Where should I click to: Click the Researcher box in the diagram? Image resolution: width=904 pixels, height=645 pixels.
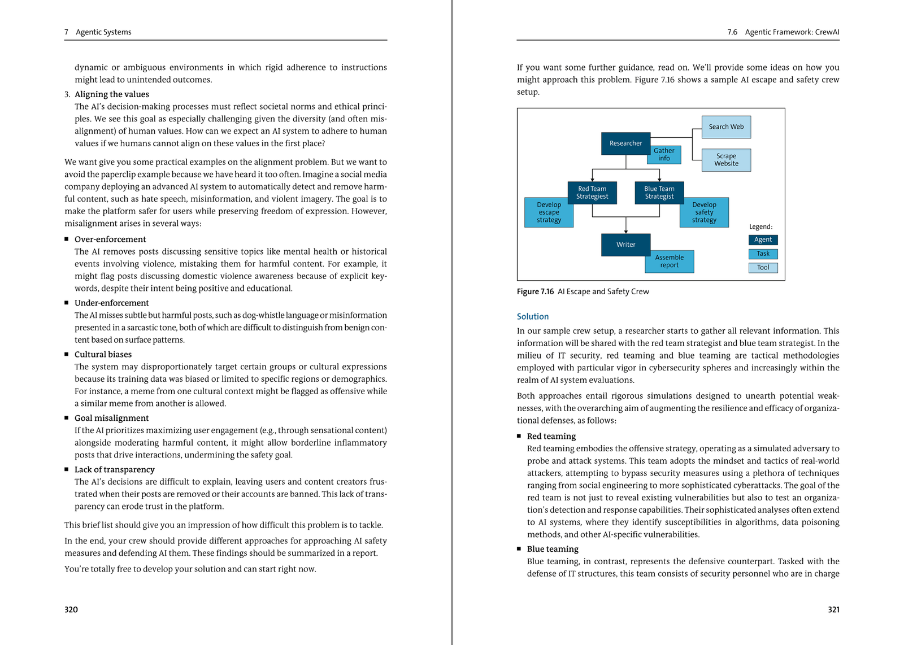pyautogui.click(x=625, y=143)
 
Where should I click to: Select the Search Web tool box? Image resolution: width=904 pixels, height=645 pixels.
pyautogui.click(x=726, y=127)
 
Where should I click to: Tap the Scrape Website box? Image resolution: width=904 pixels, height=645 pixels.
pyautogui.click(x=726, y=160)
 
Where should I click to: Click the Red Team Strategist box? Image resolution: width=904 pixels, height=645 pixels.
pyautogui.click(x=592, y=193)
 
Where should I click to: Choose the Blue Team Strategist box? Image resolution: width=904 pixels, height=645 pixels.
pyautogui.click(x=659, y=193)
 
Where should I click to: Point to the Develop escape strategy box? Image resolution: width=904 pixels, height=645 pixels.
pyautogui.click(x=549, y=213)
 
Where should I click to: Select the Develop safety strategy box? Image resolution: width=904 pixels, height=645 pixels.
pyautogui.click(x=704, y=213)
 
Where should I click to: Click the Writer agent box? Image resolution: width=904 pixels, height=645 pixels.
pyautogui.click(x=625, y=245)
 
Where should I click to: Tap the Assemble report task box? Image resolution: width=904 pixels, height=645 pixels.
pyautogui.click(x=670, y=262)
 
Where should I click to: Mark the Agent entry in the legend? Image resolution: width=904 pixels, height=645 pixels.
pyautogui.click(x=763, y=239)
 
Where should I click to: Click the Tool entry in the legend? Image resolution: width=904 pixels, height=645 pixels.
pyautogui.click(x=763, y=268)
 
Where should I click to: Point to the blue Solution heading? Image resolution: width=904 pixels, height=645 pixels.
pyautogui.click(x=533, y=317)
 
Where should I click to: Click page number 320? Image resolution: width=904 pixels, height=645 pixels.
pyautogui.click(x=71, y=609)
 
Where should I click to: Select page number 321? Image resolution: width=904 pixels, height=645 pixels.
pyautogui.click(x=833, y=609)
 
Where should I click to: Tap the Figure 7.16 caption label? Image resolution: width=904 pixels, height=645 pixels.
pyautogui.click(x=535, y=291)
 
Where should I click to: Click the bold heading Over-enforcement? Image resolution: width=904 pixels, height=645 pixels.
pyautogui.click(x=110, y=239)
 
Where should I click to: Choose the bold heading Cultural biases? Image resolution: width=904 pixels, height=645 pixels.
pyautogui.click(x=103, y=355)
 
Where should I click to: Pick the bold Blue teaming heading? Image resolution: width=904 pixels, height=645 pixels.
pyautogui.click(x=553, y=549)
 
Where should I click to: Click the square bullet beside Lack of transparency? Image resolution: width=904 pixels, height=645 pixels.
pyautogui.click(x=67, y=469)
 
